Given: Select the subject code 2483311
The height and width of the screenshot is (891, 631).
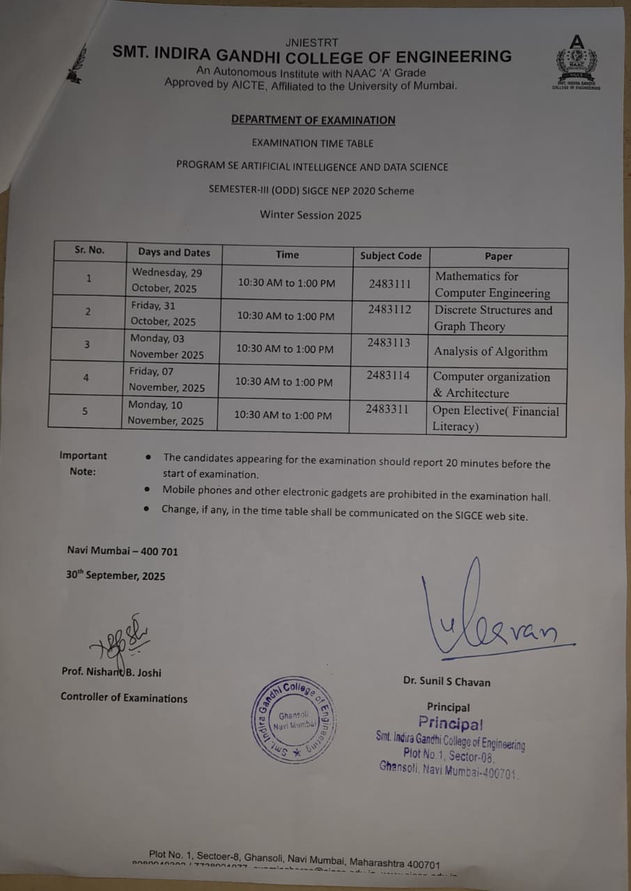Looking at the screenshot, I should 387,409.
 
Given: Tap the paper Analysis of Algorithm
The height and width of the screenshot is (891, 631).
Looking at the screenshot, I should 490,352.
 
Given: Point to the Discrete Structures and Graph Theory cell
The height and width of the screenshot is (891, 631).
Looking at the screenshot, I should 493,318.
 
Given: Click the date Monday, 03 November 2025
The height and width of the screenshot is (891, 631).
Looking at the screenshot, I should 167,347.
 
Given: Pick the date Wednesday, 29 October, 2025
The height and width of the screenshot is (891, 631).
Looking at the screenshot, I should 166,281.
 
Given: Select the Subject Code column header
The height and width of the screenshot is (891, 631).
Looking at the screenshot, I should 391,255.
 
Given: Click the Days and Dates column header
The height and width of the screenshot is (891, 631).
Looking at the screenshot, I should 173,253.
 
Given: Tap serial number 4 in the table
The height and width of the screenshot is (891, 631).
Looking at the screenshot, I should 86,378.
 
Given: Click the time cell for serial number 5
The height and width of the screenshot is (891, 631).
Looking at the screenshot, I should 283,416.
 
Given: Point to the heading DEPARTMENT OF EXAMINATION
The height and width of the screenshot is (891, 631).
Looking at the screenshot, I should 313,120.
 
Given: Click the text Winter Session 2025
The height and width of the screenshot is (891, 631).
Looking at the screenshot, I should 311,215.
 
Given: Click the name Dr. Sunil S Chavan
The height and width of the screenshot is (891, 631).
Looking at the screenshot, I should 446,681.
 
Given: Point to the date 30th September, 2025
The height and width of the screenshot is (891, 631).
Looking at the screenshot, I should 116,576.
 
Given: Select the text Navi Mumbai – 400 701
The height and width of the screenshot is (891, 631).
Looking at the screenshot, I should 123,551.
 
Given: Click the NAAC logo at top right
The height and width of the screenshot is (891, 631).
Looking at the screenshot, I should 576,61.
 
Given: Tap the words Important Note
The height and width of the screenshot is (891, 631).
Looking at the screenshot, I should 83,464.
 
